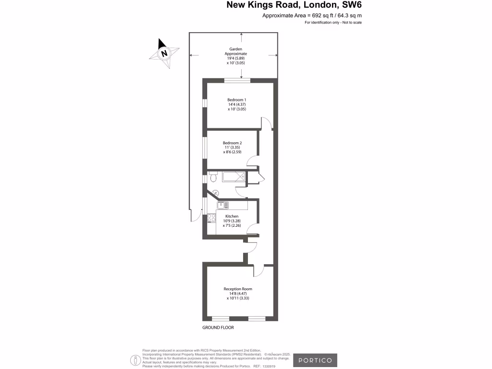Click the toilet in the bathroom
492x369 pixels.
(213, 178)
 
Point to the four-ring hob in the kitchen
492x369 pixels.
(211, 219)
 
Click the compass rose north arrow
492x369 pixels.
(164, 53)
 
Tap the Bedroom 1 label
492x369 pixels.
(237, 99)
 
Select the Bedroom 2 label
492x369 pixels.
(232, 143)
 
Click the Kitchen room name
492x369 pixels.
(232, 216)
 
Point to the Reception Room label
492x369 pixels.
(238, 289)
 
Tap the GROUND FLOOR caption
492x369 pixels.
(218, 328)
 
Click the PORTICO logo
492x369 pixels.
(315, 360)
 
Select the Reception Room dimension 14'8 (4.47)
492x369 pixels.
(238, 294)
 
